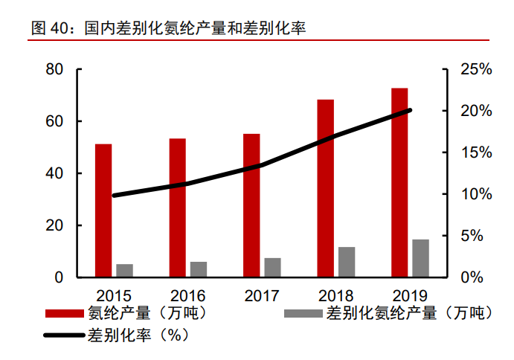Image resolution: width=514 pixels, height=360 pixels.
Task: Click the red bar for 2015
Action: (103, 210)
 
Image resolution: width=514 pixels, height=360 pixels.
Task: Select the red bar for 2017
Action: (251, 206)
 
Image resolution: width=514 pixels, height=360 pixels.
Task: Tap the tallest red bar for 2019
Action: (400, 183)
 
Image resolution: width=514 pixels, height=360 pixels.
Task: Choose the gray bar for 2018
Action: (347, 262)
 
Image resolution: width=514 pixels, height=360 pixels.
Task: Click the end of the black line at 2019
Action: (410, 110)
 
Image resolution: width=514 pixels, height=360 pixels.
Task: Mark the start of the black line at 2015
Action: (114, 196)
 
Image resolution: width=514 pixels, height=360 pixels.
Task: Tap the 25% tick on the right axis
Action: (475, 70)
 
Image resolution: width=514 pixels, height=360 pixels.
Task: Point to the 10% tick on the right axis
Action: (475, 194)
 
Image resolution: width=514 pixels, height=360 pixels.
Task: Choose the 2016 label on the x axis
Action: (187, 295)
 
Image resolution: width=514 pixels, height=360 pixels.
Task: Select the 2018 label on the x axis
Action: (336, 295)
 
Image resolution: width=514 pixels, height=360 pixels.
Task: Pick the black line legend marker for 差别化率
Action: (65, 335)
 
